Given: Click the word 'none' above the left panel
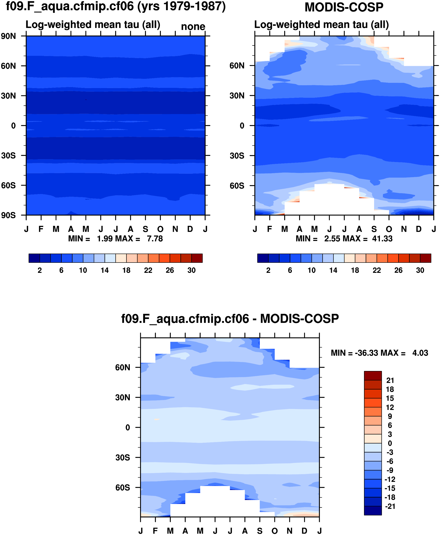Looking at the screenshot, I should [x=193, y=27].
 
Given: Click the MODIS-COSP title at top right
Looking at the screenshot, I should [x=344, y=7].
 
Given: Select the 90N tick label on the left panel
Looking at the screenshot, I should [x=8, y=36].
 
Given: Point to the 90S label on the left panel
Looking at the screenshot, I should [x=8, y=215].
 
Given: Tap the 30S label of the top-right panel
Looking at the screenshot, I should [x=237, y=156].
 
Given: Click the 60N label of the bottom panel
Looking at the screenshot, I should [x=123, y=368].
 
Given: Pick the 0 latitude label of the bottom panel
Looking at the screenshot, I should [x=128, y=428].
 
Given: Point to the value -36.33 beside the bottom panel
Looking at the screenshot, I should [x=364, y=353].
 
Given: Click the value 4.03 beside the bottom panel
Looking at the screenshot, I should [x=420, y=353].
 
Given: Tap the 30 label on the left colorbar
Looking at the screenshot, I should [x=192, y=270].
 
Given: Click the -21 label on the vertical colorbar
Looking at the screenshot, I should [x=390, y=506].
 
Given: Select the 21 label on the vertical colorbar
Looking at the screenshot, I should [x=390, y=380].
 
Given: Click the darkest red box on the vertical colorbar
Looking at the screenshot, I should [x=373, y=376].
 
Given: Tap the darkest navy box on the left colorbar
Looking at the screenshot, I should [x=34, y=258].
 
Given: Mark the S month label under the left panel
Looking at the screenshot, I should [x=145, y=229].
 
